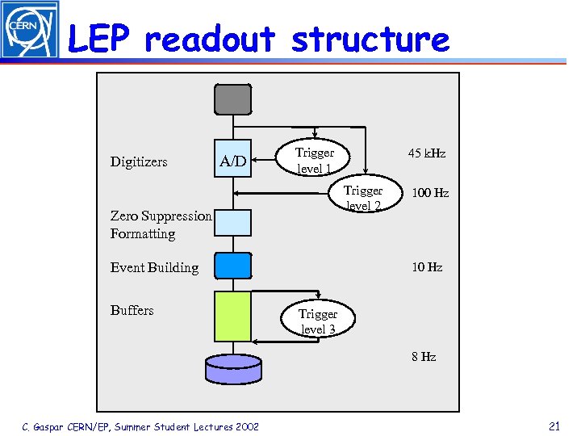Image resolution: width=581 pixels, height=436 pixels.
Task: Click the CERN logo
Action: (x=30, y=30)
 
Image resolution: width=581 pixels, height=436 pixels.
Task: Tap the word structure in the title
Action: (x=370, y=39)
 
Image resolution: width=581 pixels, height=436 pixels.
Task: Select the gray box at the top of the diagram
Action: (x=232, y=99)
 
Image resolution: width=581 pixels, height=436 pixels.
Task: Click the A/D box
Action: (x=232, y=161)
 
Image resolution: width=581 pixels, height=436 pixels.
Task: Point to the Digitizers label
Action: (x=139, y=161)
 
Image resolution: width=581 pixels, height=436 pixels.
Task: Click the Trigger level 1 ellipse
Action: (x=315, y=160)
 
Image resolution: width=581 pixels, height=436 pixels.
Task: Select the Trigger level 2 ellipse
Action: (x=363, y=198)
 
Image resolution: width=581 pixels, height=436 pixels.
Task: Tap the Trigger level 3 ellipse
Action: (x=317, y=321)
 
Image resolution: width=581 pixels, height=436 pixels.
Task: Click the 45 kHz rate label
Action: (x=427, y=153)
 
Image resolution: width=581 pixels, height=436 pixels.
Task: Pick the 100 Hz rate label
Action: (x=430, y=193)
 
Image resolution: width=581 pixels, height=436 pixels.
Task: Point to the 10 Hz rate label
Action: (x=427, y=267)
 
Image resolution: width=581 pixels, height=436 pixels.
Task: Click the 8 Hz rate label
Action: (x=424, y=356)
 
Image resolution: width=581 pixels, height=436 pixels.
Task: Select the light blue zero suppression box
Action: (x=232, y=222)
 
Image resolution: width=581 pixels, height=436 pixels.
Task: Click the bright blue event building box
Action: (x=232, y=266)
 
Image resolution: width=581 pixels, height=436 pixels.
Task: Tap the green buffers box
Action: (x=232, y=317)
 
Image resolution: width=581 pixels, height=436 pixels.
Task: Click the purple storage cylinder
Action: (x=233, y=368)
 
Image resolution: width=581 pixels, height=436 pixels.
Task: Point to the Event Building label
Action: (x=154, y=267)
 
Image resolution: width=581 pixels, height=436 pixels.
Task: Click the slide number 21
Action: (x=554, y=426)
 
